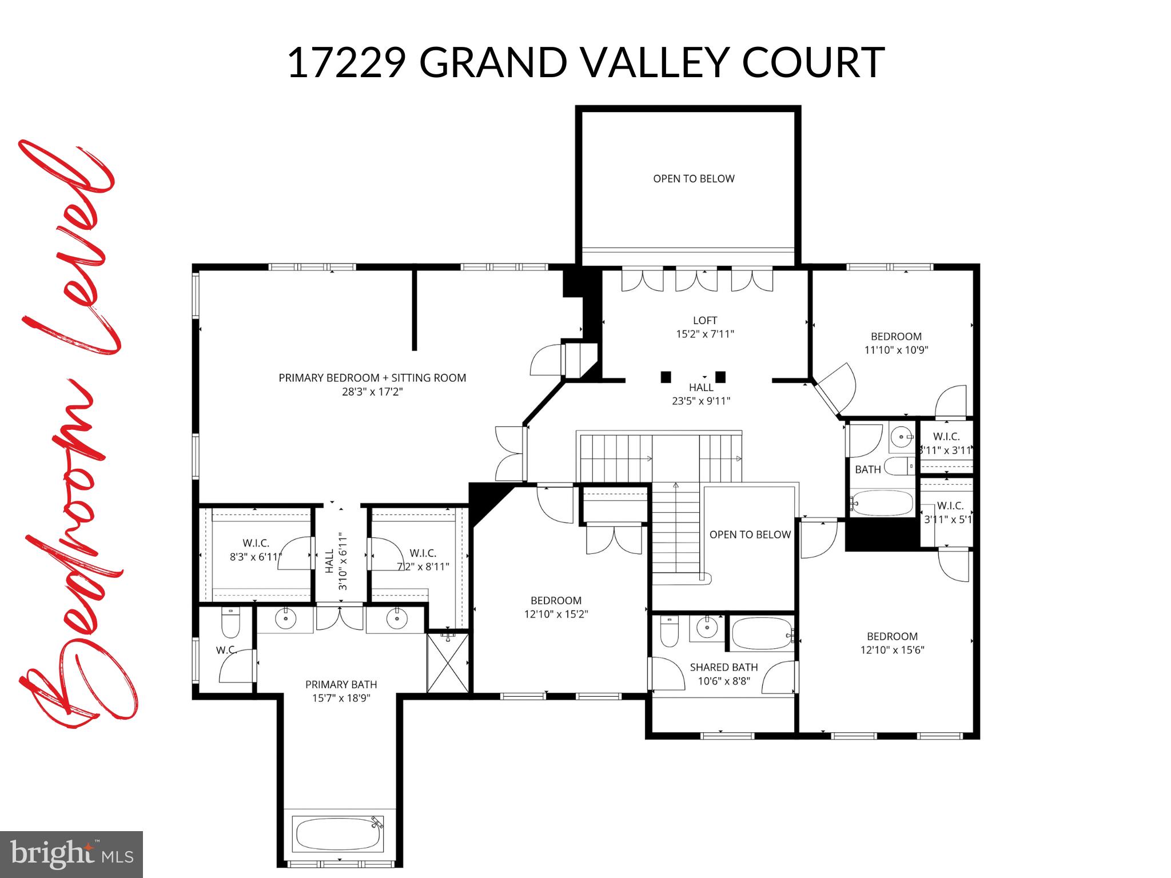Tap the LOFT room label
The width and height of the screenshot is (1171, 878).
coord(704,321)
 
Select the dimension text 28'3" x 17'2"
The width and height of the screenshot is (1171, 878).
coord(372,392)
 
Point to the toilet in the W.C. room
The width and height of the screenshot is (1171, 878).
coord(230,624)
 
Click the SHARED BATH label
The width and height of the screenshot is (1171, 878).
coord(723,667)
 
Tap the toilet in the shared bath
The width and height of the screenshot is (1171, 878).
coord(669,632)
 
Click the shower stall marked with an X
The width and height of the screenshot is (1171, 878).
coord(448,664)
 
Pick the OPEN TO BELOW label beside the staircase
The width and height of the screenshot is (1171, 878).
coord(750,534)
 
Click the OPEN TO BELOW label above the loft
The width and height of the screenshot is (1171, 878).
coord(694,179)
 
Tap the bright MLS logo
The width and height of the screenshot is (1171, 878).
coord(71,854)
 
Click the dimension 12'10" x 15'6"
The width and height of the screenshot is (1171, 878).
coord(892,650)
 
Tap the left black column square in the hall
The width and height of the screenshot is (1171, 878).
coord(666,377)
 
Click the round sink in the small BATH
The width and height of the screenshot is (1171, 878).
coord(902,438)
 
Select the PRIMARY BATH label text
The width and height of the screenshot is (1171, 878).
coord(341,684)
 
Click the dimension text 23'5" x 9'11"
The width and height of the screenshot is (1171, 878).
coord(701,401)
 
